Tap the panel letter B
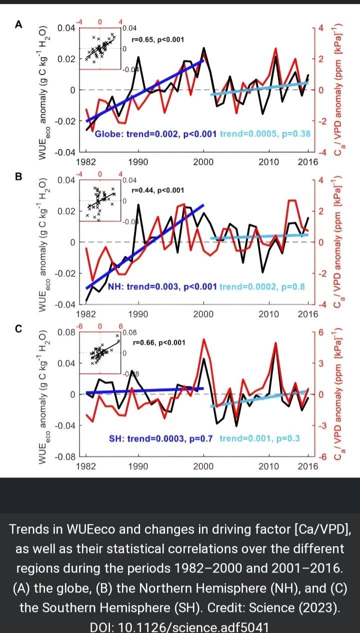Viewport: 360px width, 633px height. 19,177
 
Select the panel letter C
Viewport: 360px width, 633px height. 19,329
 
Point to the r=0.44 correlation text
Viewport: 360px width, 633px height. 157,190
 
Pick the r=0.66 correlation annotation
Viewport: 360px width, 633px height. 159,342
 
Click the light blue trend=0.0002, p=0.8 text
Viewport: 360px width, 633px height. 261,286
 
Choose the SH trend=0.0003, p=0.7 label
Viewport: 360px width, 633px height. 161,438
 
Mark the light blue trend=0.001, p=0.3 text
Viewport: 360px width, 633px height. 259,438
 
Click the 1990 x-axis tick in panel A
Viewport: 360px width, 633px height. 137,161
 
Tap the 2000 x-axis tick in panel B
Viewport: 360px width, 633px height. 203,314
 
